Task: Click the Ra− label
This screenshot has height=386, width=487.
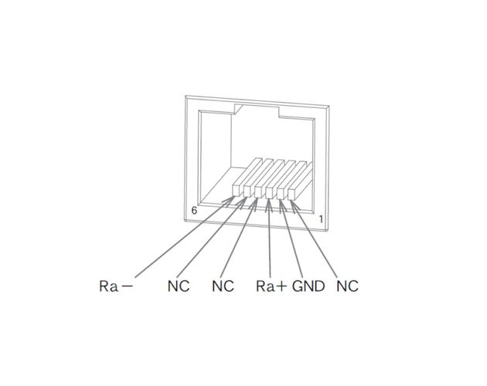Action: tap(116, 286)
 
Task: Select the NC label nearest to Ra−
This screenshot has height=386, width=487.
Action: tap(179, 286)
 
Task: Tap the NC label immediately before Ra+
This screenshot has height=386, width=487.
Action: tap(223, 286)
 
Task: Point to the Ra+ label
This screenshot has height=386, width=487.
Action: tap(271, 286)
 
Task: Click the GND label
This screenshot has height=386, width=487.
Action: tap(308, 286)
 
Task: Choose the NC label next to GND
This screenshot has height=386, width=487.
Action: tap(348, 286)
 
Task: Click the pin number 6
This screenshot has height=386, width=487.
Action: tap(194, 211)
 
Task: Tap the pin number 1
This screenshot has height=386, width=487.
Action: tap(321, 219)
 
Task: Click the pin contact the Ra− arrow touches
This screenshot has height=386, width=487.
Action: tap(237, 191)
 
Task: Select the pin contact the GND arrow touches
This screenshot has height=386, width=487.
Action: tap(281, 193)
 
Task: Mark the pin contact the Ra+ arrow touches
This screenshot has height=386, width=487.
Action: tap(270, 192)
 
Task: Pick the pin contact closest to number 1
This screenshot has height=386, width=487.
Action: tap(291, 194)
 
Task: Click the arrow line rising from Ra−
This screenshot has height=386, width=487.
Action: tap(185, 237)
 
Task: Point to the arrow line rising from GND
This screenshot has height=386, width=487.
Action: tap(291, 239)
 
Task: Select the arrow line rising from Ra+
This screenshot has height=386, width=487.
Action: tap(269, 238)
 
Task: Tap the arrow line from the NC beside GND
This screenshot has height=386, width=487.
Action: tap(314, 239)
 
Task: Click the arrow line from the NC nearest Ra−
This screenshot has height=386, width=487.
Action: tap(212, 237)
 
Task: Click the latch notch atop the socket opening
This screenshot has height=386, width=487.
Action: tap(257, 111)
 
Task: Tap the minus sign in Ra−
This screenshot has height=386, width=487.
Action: tap(128, 286)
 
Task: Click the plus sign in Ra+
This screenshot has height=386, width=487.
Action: tap(281, 286)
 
